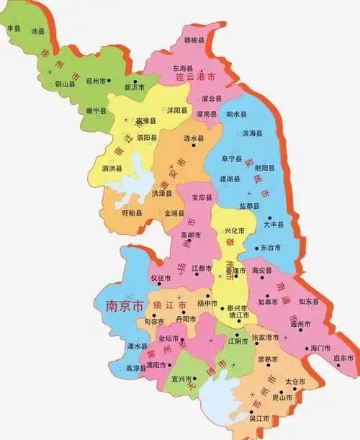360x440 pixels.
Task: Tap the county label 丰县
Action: pyautogui.click(x=13, y=29)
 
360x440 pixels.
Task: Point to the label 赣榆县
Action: pyautogui.click(x=194, y=41)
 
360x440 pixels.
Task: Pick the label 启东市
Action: pyautogui.click(x=343, y=358)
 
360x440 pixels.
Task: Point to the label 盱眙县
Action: pyautogui.click(x=132, y=213)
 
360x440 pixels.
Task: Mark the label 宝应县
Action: pyautogui.click(x=201, y=197)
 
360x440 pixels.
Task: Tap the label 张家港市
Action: pyautogui.click(x=265, y=338)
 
